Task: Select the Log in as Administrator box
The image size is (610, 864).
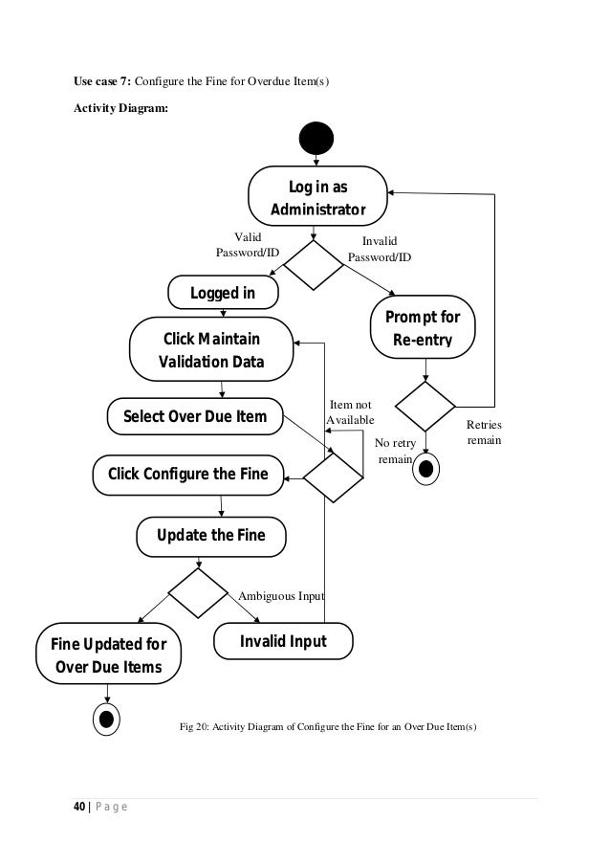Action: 317,197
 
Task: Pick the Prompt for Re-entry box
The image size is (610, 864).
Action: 422,328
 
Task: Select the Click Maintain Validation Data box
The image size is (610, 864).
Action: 210,350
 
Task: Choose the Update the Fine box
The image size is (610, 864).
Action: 210,534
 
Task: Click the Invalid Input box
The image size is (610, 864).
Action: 282,641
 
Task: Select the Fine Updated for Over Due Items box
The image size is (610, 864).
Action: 108,654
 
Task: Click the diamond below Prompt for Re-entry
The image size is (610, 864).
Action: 425,407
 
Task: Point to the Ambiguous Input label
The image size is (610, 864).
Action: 281,596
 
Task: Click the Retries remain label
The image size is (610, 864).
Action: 483,432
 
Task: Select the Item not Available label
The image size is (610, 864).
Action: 350,413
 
